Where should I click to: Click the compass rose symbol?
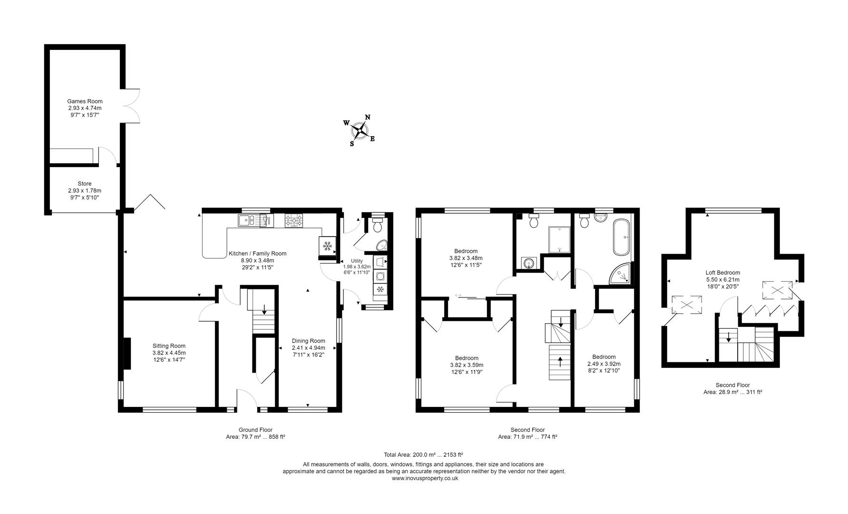(x=360, y=130)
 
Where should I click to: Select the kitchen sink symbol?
(x=246, y=220)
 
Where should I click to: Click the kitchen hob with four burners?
(x=294, y=221)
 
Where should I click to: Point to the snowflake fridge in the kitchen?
(x=327, y=246)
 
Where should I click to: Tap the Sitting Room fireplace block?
(x=127, y=353)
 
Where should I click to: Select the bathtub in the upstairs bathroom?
(x=622, y=237)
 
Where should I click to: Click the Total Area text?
(x=423, y=455)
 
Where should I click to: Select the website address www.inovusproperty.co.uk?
(x=425, y=479)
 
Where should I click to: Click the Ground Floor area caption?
(x=255, y=433)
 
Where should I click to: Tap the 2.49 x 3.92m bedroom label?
(x=604, y=364)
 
